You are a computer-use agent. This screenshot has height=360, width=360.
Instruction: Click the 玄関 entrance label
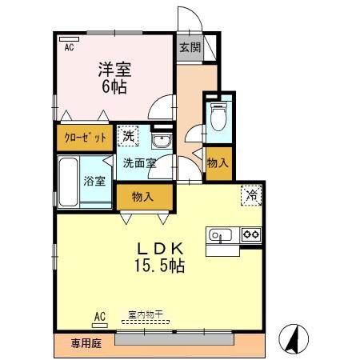[x=190, y=47]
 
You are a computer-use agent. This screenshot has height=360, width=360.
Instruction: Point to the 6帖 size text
[x=114, y=86]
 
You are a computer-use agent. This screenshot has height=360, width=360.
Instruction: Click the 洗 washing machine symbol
[x=128, y=137]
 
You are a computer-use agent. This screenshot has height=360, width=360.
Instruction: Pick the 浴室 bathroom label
[x=94, y=180]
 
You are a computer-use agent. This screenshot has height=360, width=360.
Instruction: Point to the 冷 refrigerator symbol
[x=250, y=194]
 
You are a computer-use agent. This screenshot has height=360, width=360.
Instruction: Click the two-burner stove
[x=251, y=234]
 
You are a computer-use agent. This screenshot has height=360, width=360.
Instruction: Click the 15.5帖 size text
[x=158, y=265]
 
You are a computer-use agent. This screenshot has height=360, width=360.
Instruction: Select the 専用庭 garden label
[x=84, y=343]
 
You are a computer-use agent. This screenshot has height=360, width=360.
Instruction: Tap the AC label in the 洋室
[x=69, y=47]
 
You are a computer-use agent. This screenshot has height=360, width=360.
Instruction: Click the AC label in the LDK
[x=100, y=315]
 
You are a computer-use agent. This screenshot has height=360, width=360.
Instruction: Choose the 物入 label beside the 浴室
[x=143, y=196]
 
